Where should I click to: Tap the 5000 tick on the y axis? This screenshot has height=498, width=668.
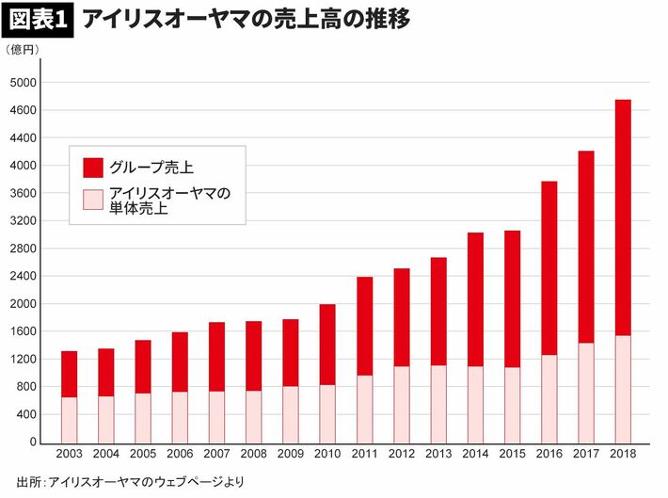click(x=23, y=83)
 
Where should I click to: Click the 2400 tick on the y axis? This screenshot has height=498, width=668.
click(x=23, y=277)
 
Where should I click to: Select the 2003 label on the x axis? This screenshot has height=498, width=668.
click(x=69, y=454)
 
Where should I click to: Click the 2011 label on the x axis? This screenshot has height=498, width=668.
click(x=364, y=454)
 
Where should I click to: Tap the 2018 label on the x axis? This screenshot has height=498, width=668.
click(x=623, y=454)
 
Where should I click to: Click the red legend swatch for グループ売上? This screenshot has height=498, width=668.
click(x=93, y=169)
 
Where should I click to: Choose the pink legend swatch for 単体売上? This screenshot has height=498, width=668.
click(x=93, y=200)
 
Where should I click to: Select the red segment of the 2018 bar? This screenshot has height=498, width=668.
click(x=623, y=217)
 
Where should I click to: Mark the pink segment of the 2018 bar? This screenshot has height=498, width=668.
click(x=623, y=389)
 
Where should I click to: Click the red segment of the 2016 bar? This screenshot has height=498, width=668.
click(x=549, y=268)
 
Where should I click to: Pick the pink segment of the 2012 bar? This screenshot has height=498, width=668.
click(x=401, y=404)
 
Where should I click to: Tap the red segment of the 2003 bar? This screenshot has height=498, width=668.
click(x=69, y=374)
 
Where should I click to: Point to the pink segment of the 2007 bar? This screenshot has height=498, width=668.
click(x=216, y=416)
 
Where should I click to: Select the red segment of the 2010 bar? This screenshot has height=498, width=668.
click(x=327, y=345)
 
